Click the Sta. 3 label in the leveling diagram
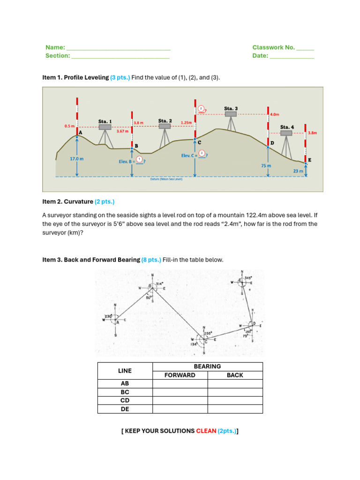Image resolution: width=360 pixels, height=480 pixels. click(x=231, y=109)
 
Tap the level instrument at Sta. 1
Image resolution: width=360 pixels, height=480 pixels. click(x=105, y=127)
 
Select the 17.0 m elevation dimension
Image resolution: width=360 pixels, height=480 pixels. click(x=77, y=159)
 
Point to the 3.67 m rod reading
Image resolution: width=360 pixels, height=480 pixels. click(x=122, y=132)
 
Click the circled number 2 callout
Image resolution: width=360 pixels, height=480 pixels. click(x=201, y=109)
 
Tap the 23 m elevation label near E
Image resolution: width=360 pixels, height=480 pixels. click(x=298, y=171)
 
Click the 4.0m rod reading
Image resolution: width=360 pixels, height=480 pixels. click(x=275, y=114)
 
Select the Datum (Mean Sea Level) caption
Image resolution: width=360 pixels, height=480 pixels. click(x=166, y=179)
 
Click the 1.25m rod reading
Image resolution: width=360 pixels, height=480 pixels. click(x=187, y=122)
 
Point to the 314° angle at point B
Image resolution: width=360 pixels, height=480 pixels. click(x=159, y=284)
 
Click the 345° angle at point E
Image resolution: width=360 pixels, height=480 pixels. click(x=248, y=278)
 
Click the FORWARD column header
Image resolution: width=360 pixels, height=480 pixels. click(x=180, y=375)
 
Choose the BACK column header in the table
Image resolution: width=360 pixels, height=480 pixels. click(x=235, y=375)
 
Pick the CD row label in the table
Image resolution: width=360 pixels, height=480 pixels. click(x=125, y=400)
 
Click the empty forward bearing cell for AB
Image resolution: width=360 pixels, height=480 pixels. click(x=180, y=383)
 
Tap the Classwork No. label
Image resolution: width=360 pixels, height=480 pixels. click(x=273, y=47)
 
